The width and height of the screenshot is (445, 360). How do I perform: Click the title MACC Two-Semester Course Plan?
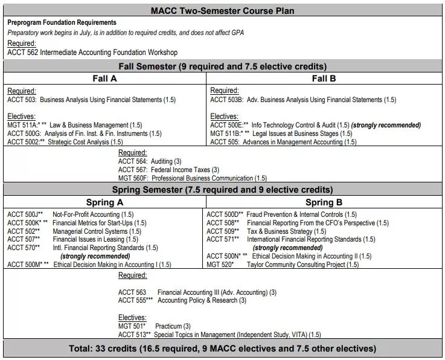[223, 10]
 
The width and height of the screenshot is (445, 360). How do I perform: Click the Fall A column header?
[104, 79]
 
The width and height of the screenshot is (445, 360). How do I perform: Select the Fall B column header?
[324, 79]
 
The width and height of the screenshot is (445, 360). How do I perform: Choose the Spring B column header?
[324, 202]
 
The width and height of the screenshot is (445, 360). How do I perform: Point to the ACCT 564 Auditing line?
[150, 161]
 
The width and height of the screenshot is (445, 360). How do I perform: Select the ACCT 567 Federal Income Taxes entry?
[168, 170]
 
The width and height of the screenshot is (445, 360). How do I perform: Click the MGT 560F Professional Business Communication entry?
[192, 178]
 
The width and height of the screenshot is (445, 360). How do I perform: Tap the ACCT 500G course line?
[85, 133]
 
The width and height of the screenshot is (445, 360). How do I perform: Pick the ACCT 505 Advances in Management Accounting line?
[283, 142]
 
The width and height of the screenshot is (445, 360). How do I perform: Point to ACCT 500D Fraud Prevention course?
[281, 214]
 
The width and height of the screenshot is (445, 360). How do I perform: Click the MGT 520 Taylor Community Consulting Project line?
[283, 265]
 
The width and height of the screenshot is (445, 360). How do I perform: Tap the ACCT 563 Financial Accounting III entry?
[197, 292]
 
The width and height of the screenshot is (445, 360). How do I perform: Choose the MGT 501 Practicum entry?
[154, 326]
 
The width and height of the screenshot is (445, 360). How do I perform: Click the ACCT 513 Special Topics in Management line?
[219, 334]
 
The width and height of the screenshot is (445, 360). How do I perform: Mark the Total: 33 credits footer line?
[223, 349]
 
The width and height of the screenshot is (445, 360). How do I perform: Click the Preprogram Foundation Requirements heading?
[62, 22]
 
